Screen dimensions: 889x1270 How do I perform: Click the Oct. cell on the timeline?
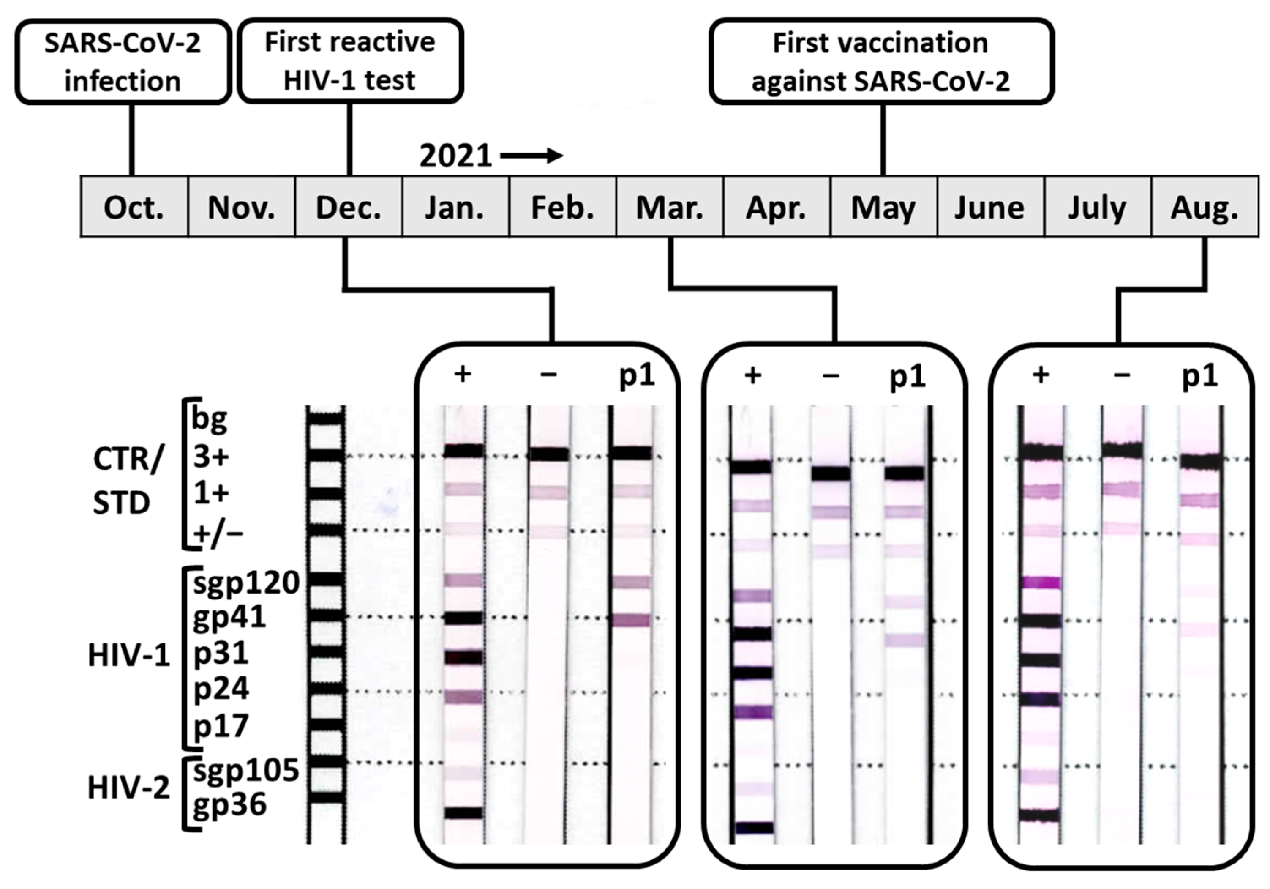[134, 208]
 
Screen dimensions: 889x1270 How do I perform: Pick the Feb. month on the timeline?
[562, 208]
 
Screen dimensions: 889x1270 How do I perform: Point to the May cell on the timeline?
[883, 208]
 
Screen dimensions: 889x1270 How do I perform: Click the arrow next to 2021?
[531, 156]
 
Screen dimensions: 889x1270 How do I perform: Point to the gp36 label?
[229, 804]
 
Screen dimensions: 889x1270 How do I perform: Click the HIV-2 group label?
[128, 787]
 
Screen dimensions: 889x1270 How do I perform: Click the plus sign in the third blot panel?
[1041, 375]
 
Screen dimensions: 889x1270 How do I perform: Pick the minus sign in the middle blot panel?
[831, 376]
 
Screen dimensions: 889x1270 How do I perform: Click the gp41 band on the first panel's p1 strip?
[632, 620]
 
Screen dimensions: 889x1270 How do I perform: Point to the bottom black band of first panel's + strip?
[464, 812]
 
